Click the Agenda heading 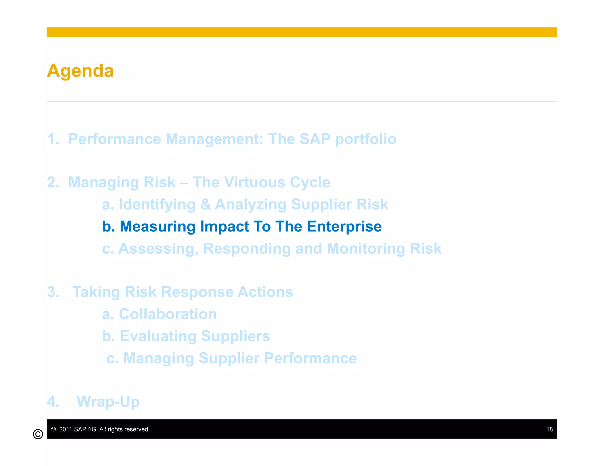point(80,71)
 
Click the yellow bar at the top point(301,32)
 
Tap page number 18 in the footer point(549,429)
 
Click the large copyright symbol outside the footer point(38,434)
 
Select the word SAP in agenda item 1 point(315,139)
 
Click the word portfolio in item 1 point(365,139)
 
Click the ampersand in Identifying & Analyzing point(205,204)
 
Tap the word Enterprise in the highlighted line point(344,227)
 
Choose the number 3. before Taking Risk point(53,292)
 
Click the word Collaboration point(168,314)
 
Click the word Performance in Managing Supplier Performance point(310,358)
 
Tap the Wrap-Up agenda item point(108,401)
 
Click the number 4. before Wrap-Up point(53,401)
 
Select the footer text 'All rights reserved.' point(124,429)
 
